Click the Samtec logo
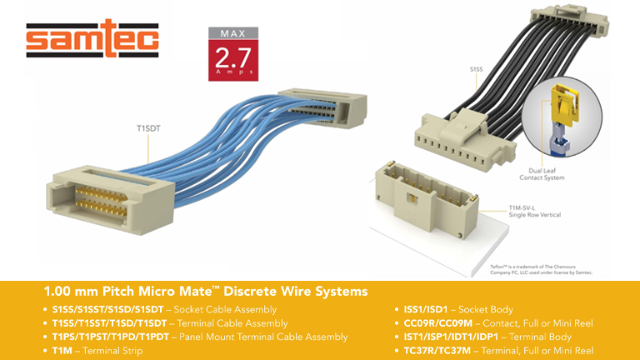point(92,39)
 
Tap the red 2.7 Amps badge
point(234,57)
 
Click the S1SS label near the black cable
point(477,69)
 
